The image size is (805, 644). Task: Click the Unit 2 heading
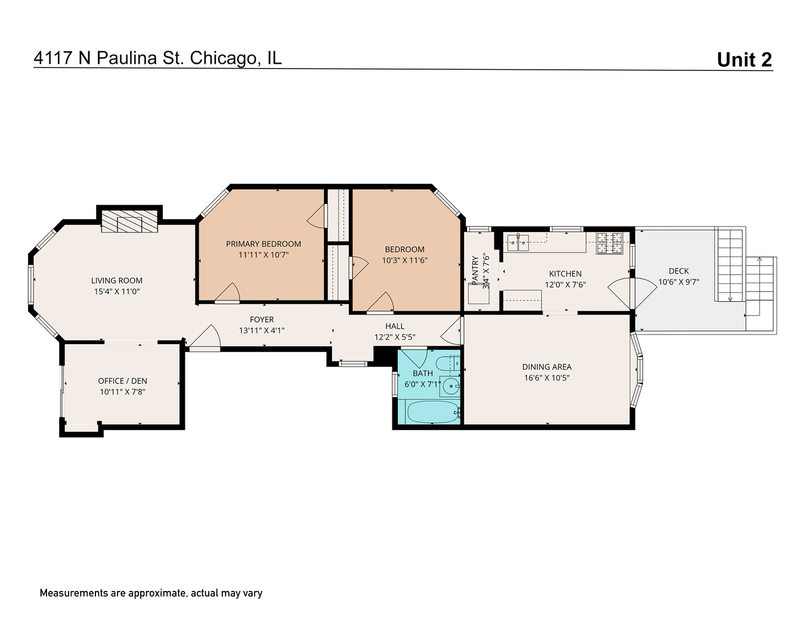[744, 60]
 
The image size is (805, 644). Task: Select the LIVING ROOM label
[117, 280]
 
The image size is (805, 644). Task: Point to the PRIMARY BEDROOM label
[263, 244]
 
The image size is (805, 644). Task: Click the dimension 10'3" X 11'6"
[404, 261]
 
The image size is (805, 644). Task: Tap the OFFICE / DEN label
[122, 381]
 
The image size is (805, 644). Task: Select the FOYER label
[262, 320]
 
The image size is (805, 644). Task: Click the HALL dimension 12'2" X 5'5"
[394, 337]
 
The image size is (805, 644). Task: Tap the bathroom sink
[450, 386]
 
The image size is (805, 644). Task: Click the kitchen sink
[518, 241]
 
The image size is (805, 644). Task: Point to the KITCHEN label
[565, 274]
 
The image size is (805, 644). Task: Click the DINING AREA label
[547, 367]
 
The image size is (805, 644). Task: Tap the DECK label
[679, 271]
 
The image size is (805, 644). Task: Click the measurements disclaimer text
[151, 593]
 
